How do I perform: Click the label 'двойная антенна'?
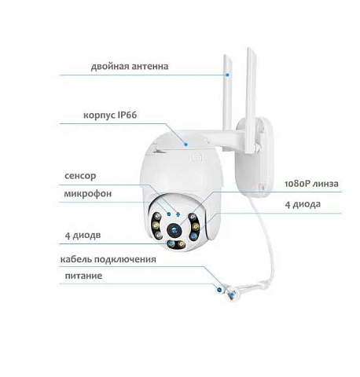pos(130,67)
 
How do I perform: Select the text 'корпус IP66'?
pos(110,115)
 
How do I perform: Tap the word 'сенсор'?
pos(80,176)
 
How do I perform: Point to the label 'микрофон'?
pos(88,194)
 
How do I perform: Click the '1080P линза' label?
pos(311,184)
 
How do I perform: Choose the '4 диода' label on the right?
pos(303,204)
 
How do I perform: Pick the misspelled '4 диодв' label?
pos(83,236)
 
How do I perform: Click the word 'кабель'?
pos(76,259)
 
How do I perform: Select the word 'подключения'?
pos(125,260)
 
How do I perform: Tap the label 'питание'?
pos(83,276)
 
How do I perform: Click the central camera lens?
pos(174,230)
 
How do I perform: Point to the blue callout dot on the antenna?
pos(227,75)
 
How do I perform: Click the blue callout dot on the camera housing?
pos(186,144)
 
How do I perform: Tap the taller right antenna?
pos(250,100)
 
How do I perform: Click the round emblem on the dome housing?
pos(196,157)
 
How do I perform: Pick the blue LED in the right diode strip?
pos(193,236)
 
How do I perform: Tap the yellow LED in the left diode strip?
pos(156,225)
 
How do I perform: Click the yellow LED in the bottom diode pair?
pos(181,244)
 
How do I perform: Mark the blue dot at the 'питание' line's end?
pos(219,289)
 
